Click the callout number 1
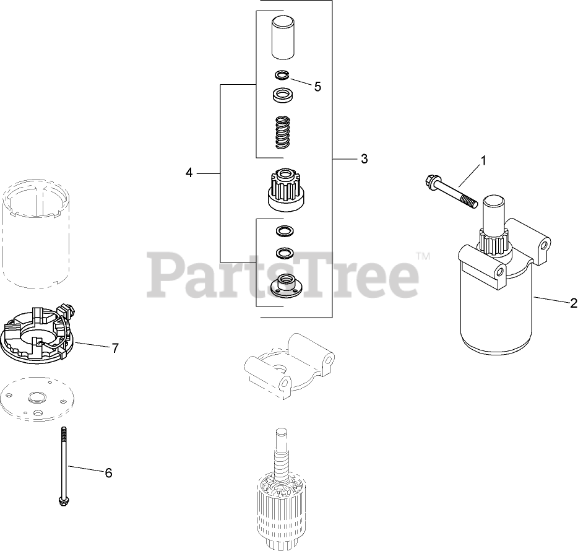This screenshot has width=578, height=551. [483, 160]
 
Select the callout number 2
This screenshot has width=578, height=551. [574, 303]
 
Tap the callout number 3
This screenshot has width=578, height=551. [364, 159]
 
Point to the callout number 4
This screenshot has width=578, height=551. [189, 173]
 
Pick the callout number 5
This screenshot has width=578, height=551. [317, 87]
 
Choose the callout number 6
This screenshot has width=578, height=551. [108, 473]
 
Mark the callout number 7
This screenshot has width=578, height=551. [115, 348]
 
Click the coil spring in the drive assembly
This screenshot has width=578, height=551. [283, 132]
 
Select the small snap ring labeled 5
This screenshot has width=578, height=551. [283, 75]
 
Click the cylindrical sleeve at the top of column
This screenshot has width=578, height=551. [283, 38]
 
